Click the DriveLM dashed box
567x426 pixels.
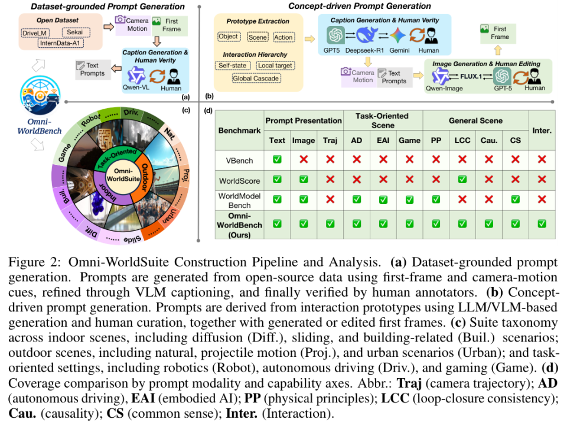(35, 33)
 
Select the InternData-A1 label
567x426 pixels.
(60, 43)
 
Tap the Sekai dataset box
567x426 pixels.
(75, 32)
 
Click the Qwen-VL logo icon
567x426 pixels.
(136, 76)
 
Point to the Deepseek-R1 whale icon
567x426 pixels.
(367, 35)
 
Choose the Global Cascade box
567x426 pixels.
(256, 79)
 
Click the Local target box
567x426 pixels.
(275, 66)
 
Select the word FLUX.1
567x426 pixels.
(471, 76)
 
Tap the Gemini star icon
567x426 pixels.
(397, 35)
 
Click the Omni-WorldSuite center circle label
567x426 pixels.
(123, 175)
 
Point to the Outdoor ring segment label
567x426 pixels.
(144, 177)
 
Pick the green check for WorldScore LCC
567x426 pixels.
(462, 180)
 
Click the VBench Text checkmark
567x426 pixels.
(277, 159)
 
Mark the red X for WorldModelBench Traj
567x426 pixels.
(330, 199)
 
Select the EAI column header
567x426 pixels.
(383, 140)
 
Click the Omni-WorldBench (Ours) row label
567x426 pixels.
(239, 225)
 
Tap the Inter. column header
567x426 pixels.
(542, 130)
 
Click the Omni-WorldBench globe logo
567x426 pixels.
(40, 96)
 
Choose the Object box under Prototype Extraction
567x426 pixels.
(228, 37)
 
